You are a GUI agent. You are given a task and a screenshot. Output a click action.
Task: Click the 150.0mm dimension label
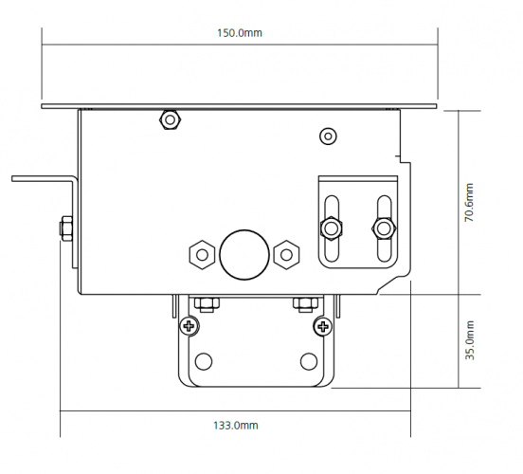[x=240, y=33]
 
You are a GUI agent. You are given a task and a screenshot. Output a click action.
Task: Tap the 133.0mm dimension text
[x=236, y=426]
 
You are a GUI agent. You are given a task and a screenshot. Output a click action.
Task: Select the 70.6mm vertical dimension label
[x=469, y=202]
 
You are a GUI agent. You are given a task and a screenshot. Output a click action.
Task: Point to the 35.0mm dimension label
[x=469, y=339]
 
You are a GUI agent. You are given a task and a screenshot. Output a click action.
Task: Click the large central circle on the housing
[x=244, y=255]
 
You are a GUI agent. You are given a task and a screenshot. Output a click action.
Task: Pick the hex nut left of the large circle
[x=202, y=255]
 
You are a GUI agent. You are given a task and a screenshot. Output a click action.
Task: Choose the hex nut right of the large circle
[x=286, y=255]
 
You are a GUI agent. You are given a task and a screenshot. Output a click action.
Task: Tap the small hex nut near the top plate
[x=171, y=119]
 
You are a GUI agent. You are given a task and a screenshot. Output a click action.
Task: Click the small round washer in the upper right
[x=328, y=137]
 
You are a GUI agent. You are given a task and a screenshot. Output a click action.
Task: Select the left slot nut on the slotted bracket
[x=332, y=228]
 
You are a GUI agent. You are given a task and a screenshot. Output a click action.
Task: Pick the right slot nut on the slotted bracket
[x=384, y=229]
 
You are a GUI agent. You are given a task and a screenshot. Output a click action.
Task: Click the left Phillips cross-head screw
[x=189, y=326]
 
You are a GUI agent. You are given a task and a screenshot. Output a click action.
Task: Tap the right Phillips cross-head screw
[x=323, y=326]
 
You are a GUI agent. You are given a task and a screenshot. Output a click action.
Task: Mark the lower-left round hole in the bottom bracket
[x=204, y=361]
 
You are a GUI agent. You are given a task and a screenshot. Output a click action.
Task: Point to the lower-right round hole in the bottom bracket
[x=309, y=361]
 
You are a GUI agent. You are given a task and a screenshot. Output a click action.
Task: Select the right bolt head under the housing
[x=305, y=304]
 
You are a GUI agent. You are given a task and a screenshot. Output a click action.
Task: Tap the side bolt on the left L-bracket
[x=66, y=228]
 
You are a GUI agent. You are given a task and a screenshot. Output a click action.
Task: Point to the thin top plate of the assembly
[x=239, y=106]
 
